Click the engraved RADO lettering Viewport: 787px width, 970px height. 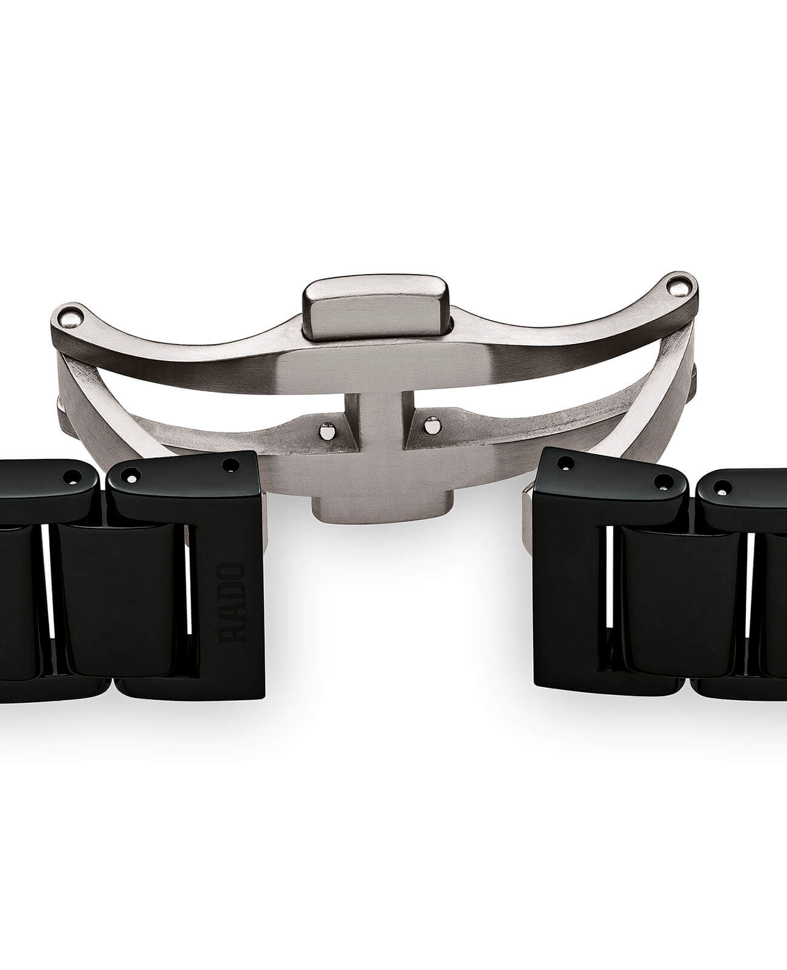pos(233,602)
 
